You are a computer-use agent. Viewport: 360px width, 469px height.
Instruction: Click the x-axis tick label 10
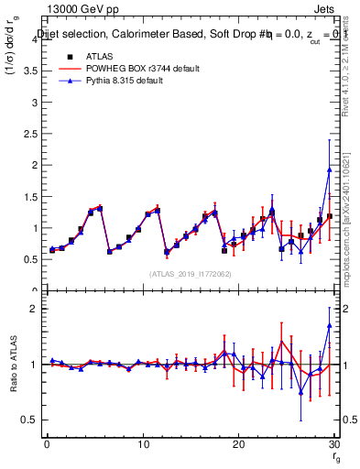click(142, 444)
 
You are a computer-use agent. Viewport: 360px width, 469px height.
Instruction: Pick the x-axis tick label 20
click(238, 444)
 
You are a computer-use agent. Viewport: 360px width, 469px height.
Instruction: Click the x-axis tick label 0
click(47, 444)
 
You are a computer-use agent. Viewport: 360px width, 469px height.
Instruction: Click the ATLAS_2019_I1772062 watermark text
click(189, 273)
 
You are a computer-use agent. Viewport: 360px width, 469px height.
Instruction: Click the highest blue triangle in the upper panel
click(329, 169)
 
